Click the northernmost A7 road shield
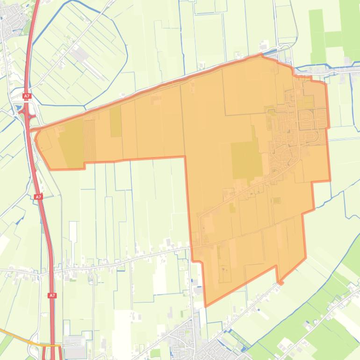pyautogui.click(x=27, y=96)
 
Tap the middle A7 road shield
pyautogui.click(x=39, y=197)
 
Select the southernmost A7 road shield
pyautogui.click(x=52, y=295)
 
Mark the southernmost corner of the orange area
pyautogui.click(x=206, y=306)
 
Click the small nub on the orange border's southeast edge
pyautogui.click(x=280, y=282)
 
